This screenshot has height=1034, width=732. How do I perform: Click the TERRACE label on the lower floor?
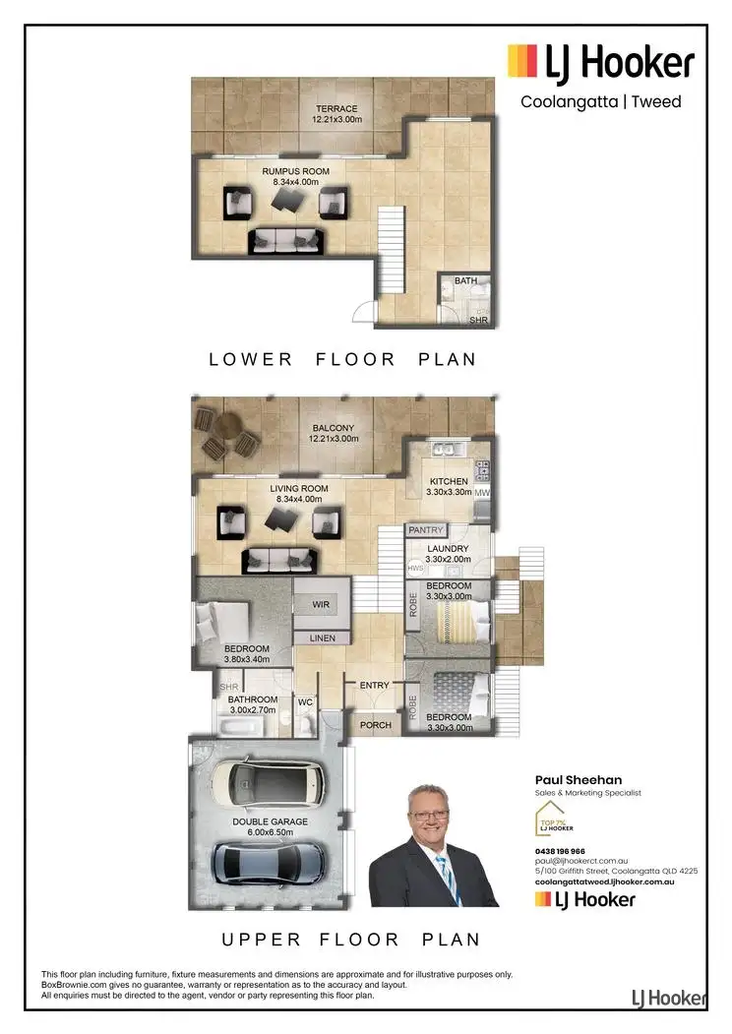coord(336,109)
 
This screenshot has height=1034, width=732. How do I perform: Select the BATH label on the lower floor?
coord(465,281)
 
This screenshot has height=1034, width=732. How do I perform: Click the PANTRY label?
coord(426,530)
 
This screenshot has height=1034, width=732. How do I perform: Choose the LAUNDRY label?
coord(448,549)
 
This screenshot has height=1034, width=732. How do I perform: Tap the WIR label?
coord(321,605)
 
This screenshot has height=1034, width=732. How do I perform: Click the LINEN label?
coord(322,639)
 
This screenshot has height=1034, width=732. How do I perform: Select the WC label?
coord(305,701)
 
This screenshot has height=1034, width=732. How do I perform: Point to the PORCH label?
coord(375,725)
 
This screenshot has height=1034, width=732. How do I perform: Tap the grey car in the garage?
coord(268,861)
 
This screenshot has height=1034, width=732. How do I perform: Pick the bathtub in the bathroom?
coord(240,728)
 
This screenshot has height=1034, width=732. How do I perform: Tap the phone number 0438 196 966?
coord(560,851)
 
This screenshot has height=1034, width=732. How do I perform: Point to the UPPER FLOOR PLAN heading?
coord(350,939)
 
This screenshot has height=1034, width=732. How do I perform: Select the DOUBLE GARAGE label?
coord(270,821)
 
